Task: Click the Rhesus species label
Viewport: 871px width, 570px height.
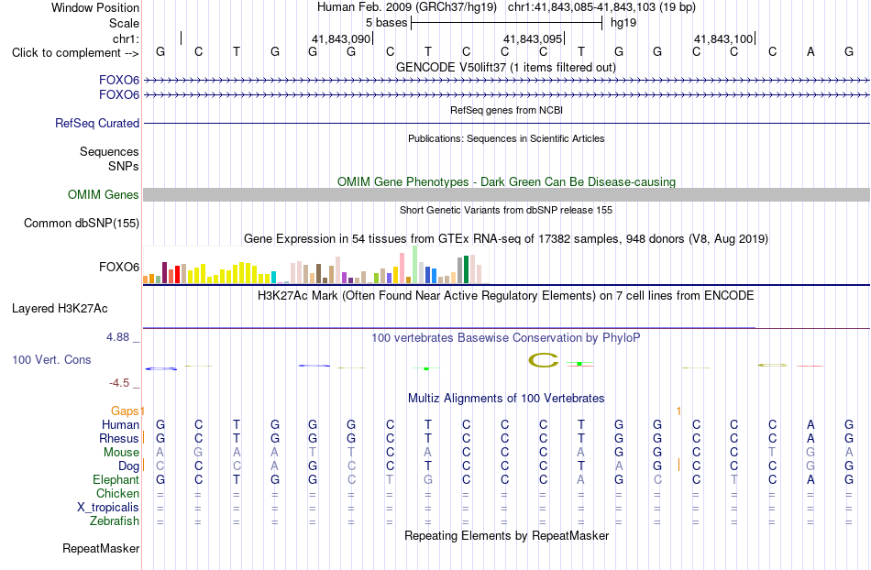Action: pos(119,438)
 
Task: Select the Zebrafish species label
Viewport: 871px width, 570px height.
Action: pos(115,521)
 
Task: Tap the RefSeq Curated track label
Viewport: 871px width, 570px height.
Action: pos(97,123)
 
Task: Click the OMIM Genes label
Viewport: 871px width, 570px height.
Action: pos(104,195)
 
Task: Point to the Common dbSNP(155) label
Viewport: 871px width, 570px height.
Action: pos(82,223)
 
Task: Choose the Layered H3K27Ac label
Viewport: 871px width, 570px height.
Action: pos(60,309)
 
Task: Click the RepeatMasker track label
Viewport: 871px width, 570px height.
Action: pos(101,548)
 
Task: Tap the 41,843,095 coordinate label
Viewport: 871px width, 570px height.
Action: pos(533,38)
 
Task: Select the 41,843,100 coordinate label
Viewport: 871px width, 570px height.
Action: pos(723,38)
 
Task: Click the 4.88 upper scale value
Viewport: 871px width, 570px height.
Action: pos(117,337)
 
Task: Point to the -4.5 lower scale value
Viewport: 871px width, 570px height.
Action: pos(119,383)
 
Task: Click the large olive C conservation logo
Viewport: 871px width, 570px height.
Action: pos(544,361)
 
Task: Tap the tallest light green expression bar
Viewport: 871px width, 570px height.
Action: pos(415,265)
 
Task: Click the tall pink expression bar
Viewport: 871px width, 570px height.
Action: pos(402,269)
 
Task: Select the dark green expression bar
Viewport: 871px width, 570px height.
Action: pos(466,269)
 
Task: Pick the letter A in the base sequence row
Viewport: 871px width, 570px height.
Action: pos(810,51)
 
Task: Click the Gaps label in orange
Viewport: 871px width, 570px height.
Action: pos(125,411)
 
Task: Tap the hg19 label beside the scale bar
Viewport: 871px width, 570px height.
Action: pos(623,23)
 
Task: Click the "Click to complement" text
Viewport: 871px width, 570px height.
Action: pos(66,53)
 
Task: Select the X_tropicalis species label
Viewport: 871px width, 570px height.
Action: pos(108,508)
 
